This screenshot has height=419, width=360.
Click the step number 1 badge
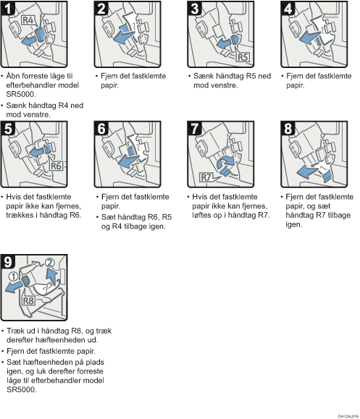click(x=8, y=8)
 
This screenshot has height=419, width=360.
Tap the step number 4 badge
click(x=288, y=8)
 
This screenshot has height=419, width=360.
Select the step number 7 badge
click(x=194, y=128)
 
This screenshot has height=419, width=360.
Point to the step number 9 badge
click(x=8, y=261)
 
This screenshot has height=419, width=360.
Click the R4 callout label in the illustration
click(x=28, y=20)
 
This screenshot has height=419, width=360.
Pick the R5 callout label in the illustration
click(x=243, y=57)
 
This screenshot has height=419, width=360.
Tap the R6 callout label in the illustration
click(x=56, y=166)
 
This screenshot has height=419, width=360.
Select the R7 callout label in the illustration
click(x=206, y=177)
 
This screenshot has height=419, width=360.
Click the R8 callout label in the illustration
click(x=28, y=300)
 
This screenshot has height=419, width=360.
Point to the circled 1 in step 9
click(x=13, y=276)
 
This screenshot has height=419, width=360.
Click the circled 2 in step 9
click(x=49, y=263)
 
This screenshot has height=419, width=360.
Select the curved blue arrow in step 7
click(x=225, y=161)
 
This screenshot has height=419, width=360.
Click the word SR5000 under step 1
click(x=20, y=94)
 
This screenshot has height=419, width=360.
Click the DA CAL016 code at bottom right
click(x=348, y=416)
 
